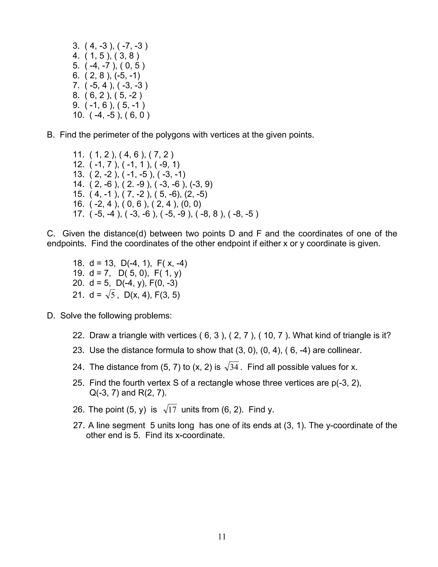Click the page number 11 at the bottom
pyautogui.click(x=222, y=537)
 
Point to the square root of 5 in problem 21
pyautogui.click(x=110, y=295)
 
